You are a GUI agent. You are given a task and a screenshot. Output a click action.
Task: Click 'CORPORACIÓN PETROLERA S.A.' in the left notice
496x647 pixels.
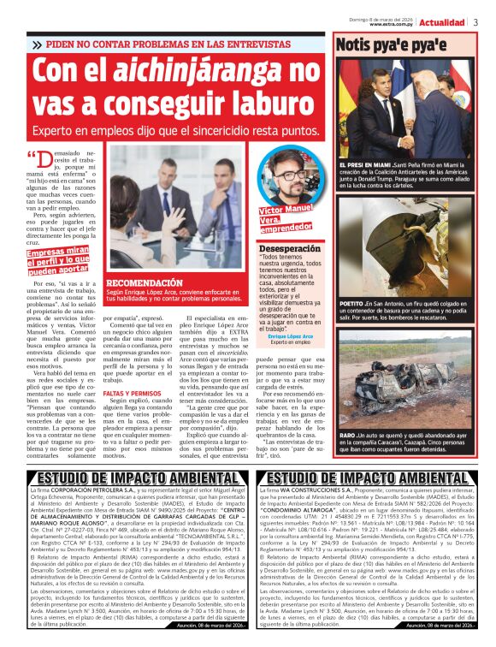coord(95,491)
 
